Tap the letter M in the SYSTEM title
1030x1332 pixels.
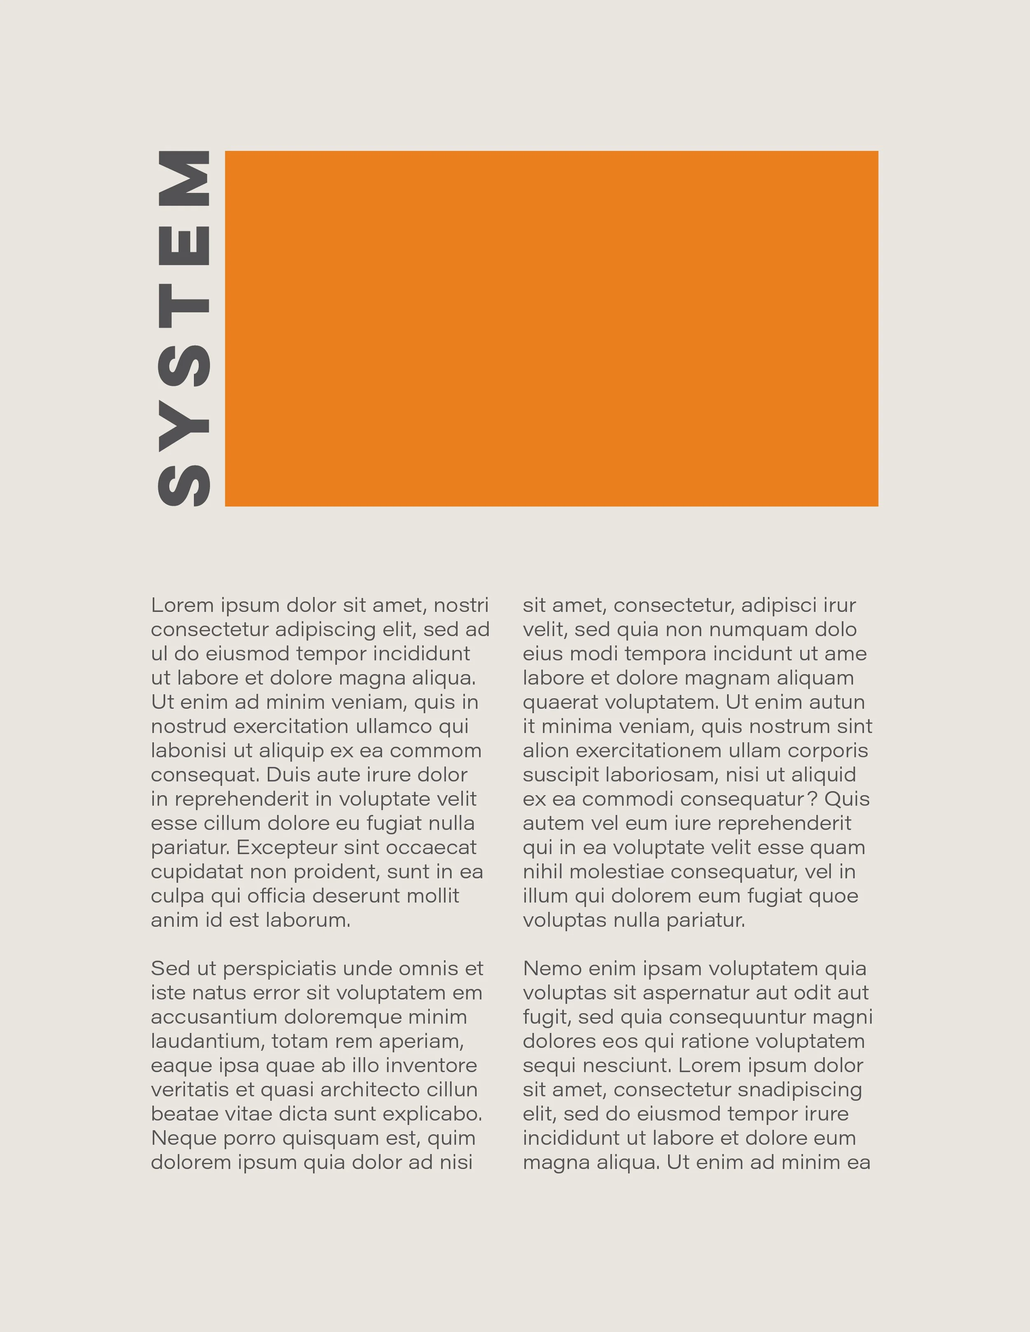point(184,178)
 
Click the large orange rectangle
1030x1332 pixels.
point(552,328)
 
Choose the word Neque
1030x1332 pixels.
point(179,1138)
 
